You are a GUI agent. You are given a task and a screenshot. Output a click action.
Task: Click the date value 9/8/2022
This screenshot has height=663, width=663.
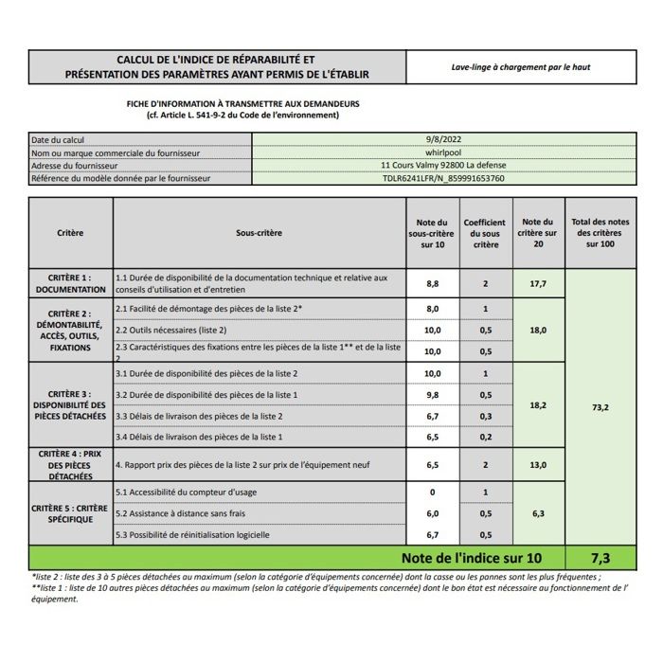coord(442,139)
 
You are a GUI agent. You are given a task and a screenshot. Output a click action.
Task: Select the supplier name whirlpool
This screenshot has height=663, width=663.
coord(442,152)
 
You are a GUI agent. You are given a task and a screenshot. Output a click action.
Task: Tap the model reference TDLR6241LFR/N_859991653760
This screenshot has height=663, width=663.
coord(442,177)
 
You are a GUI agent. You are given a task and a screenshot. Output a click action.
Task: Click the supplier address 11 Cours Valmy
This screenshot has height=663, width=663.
coord(442,165)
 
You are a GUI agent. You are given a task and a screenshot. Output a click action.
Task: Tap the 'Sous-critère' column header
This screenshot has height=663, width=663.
coord(259,232)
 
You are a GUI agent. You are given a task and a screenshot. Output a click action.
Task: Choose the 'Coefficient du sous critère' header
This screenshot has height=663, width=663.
coord(485,233)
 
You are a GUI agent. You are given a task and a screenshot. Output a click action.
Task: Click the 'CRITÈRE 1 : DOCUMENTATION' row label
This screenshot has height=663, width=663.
coord(71,283)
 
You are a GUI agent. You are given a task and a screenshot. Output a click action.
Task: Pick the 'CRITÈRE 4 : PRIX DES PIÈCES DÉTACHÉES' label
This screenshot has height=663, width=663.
coord(71,465)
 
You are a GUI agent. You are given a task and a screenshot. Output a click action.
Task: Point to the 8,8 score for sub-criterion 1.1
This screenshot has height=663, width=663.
coord(432,283)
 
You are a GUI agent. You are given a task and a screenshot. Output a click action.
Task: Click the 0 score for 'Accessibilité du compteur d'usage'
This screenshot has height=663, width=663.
coord(432,493)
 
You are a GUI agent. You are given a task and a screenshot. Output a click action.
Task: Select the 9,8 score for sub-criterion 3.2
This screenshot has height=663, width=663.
coord(432,394)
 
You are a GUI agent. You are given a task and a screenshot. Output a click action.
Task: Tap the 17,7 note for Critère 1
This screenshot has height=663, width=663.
coord(538,283)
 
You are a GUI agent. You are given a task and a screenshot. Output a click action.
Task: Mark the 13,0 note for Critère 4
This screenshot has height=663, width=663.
coord(538,465)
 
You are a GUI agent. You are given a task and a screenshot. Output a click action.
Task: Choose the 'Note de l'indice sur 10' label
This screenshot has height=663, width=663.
coord(470,558)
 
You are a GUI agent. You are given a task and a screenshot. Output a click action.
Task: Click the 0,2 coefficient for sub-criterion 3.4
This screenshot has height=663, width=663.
coord(485,437)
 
